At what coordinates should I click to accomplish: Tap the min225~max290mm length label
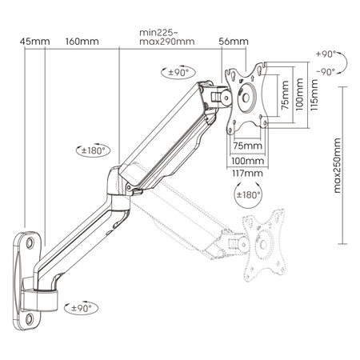(166, 37)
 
